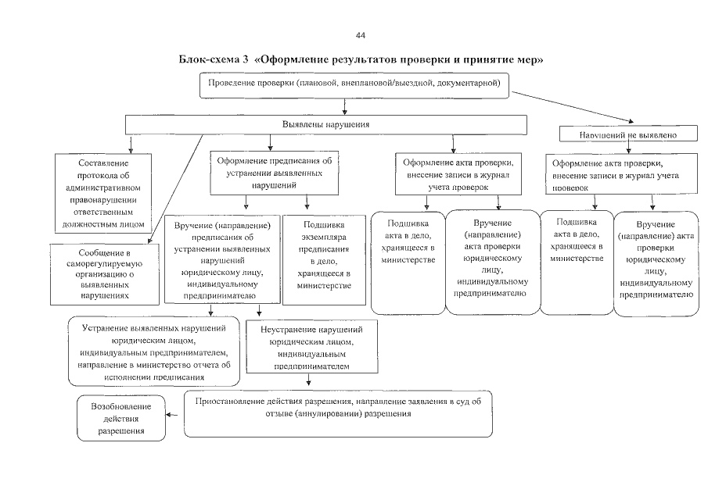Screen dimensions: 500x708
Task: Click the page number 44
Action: click(360, 35)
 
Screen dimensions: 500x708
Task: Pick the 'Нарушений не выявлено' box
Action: click(627, 134)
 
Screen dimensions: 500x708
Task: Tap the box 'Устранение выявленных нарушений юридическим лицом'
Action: click(153, 351)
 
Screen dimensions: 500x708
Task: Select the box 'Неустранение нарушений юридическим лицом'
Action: click(312, 348)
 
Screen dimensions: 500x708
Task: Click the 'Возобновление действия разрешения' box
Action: click(121, 420)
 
